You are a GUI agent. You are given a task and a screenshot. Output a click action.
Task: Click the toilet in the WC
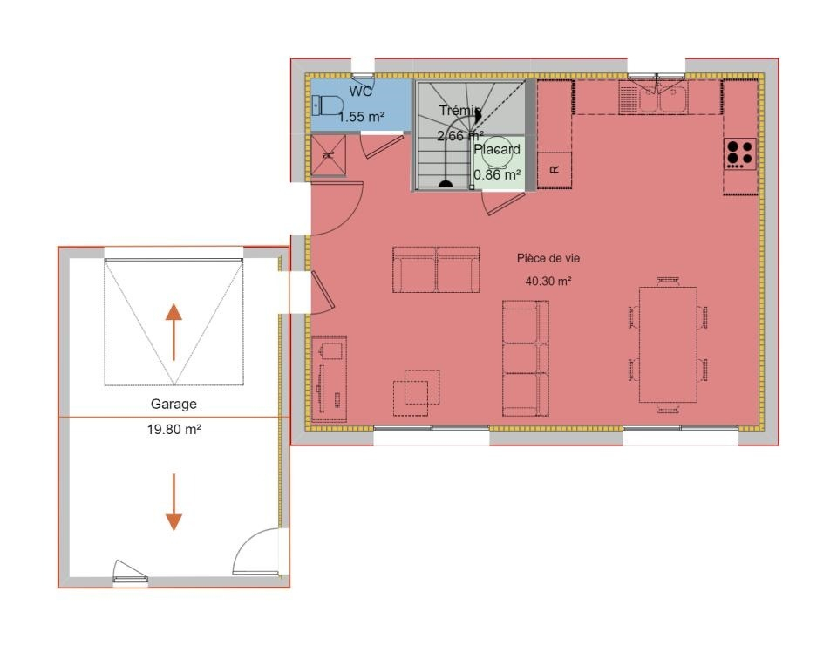[x=326, y=105]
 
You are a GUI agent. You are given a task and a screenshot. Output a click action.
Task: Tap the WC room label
[x=361, y=92]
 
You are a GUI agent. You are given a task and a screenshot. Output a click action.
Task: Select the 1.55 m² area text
[x=361, y=117]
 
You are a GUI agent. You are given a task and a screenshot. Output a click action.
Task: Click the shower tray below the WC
[x=329, y=155]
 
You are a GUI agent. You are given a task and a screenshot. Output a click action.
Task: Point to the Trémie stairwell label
[x=460, y=111]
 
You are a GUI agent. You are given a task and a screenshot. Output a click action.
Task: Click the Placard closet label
[x=497, y=149]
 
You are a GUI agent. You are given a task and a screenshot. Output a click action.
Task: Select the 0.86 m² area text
[x=497, y=174]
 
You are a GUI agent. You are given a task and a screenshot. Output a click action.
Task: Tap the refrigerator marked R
[x=555, y=170]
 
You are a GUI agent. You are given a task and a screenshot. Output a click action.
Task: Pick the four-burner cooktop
[x=740, y=153]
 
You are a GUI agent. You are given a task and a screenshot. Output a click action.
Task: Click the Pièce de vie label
[x=548, y=258]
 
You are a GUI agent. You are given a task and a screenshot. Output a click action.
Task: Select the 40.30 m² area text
[x=548, y=281]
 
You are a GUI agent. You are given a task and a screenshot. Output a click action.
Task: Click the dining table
[x=669, y=345]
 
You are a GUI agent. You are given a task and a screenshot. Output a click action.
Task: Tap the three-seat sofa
[x=526, y=358]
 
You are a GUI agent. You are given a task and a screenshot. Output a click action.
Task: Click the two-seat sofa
[x=436, y=269]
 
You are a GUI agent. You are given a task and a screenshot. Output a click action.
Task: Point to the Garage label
[x=174, y=405]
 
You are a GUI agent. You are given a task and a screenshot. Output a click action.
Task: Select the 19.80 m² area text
[x=174, y=429]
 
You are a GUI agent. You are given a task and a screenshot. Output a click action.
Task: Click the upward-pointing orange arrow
[x=174, y=332]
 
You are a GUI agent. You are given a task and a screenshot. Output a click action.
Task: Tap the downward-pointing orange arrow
[x=174, y=502]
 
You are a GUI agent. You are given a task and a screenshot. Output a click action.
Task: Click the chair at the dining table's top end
[x=669, y=282]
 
